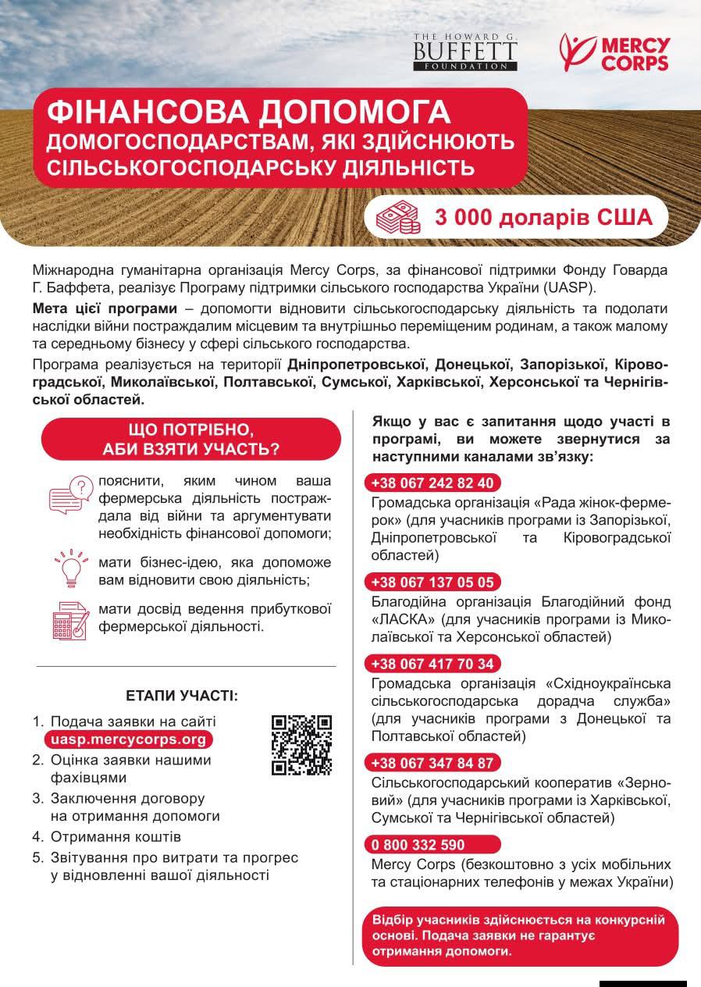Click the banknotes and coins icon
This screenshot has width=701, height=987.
pos(398,216)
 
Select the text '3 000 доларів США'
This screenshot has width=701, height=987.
pos(544,216)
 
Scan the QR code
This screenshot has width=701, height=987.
pos(301,745)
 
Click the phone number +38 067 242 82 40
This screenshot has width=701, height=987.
pos(432,482)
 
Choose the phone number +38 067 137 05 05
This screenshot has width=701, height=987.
pos(432,583)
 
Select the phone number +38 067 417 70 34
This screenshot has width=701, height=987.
pos(432,664)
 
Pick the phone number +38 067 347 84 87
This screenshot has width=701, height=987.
pos(432,763)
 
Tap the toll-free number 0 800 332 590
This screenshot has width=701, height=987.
pos(418,845)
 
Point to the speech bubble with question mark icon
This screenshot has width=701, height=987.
pos(70,494)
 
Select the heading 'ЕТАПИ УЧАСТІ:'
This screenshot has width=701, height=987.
pos(182,695)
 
